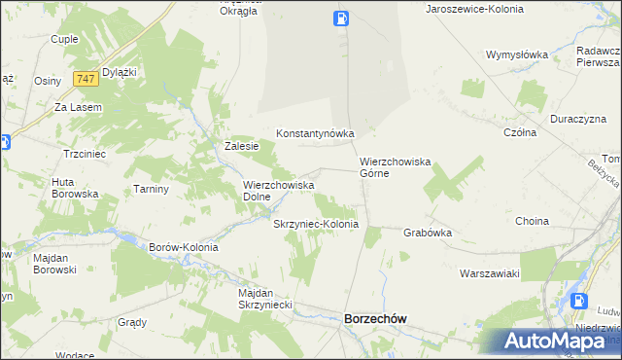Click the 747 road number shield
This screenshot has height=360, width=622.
click(85, 78)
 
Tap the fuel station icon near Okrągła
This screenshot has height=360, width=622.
click(341, 18)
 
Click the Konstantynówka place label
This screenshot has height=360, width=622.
click(315, 133)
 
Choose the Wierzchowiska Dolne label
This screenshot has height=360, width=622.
click(278, 190)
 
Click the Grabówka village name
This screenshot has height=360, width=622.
click(429, 233)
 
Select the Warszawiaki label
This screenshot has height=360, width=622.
click(490, 273)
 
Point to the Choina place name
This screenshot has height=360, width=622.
click(532, 221)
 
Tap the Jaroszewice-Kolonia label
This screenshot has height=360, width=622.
click(474, 8)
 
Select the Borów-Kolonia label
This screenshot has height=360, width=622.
click(183, 247)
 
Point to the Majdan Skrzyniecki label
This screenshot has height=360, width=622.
click(266, 299)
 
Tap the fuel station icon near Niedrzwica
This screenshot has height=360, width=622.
click(580, 302)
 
